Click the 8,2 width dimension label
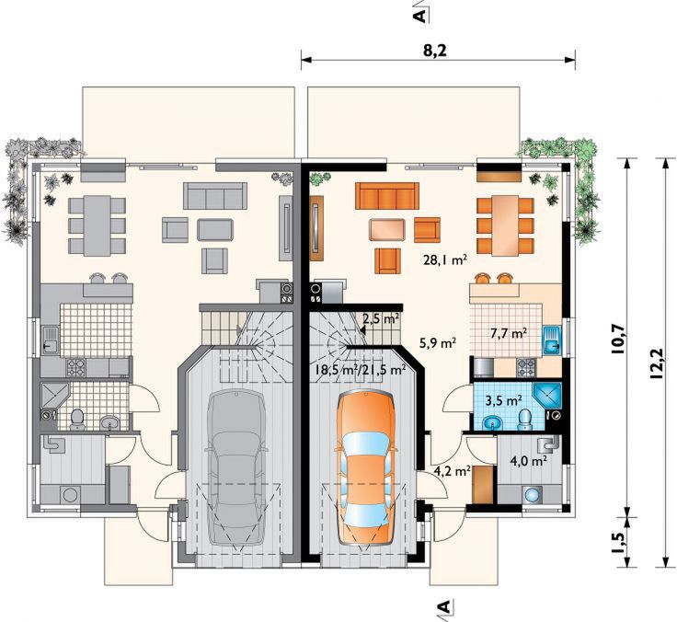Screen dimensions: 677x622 [434, 51]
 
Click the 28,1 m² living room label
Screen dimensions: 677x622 [445, 259]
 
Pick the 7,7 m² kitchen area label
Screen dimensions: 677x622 [509, 333]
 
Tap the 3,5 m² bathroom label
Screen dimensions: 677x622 [504, 400]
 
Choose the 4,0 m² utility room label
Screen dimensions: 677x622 [529, 461]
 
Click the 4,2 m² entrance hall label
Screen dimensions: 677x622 [452, 471]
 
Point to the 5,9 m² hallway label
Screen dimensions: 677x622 [438, 343]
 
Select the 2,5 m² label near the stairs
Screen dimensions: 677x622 [380, 319]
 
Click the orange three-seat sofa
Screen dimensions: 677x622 [387, 196]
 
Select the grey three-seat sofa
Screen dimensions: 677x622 [215, 196]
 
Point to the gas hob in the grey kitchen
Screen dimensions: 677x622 [75, 367]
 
